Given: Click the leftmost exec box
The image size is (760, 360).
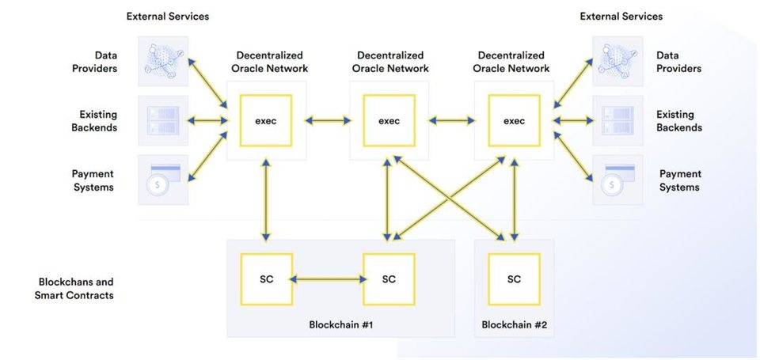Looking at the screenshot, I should tap(266, 121).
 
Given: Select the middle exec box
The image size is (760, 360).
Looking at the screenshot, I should tap(389, 121).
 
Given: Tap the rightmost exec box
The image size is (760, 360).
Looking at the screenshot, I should tap(514, 121).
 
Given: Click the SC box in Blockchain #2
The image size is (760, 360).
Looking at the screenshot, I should tap(514, 279).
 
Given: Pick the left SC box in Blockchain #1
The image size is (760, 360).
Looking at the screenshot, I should tap(266, 279).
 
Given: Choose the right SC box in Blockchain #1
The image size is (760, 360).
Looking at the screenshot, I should tap(389, 279).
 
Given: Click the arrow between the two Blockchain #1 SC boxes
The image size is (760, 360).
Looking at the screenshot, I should tap(328, 279).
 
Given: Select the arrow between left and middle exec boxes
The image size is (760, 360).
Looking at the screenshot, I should tap(328, 121).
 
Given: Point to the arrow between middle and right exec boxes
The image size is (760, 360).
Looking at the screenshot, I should tap(451, 121).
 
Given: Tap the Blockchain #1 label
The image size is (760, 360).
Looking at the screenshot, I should tap(340, 324).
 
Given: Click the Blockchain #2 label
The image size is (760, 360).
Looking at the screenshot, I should tap(514, 324).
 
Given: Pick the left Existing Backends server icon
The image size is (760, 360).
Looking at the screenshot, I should tap(163, 121).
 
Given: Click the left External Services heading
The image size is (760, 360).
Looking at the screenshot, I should tap(168, 16).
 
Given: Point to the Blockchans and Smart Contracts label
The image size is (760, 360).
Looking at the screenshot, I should tap(76, 289).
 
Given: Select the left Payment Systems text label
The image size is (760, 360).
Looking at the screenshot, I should tap(93, 180).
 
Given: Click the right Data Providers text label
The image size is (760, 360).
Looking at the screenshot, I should tap(679, 62).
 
